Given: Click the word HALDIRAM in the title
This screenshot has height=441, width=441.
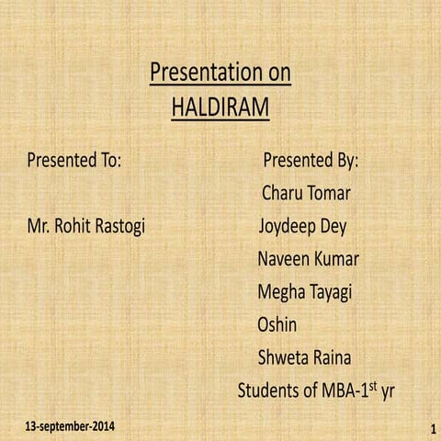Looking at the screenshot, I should (220, 109).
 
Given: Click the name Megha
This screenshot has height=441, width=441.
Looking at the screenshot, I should (283, 292).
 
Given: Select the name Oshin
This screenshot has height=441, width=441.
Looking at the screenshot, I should (277, 324).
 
